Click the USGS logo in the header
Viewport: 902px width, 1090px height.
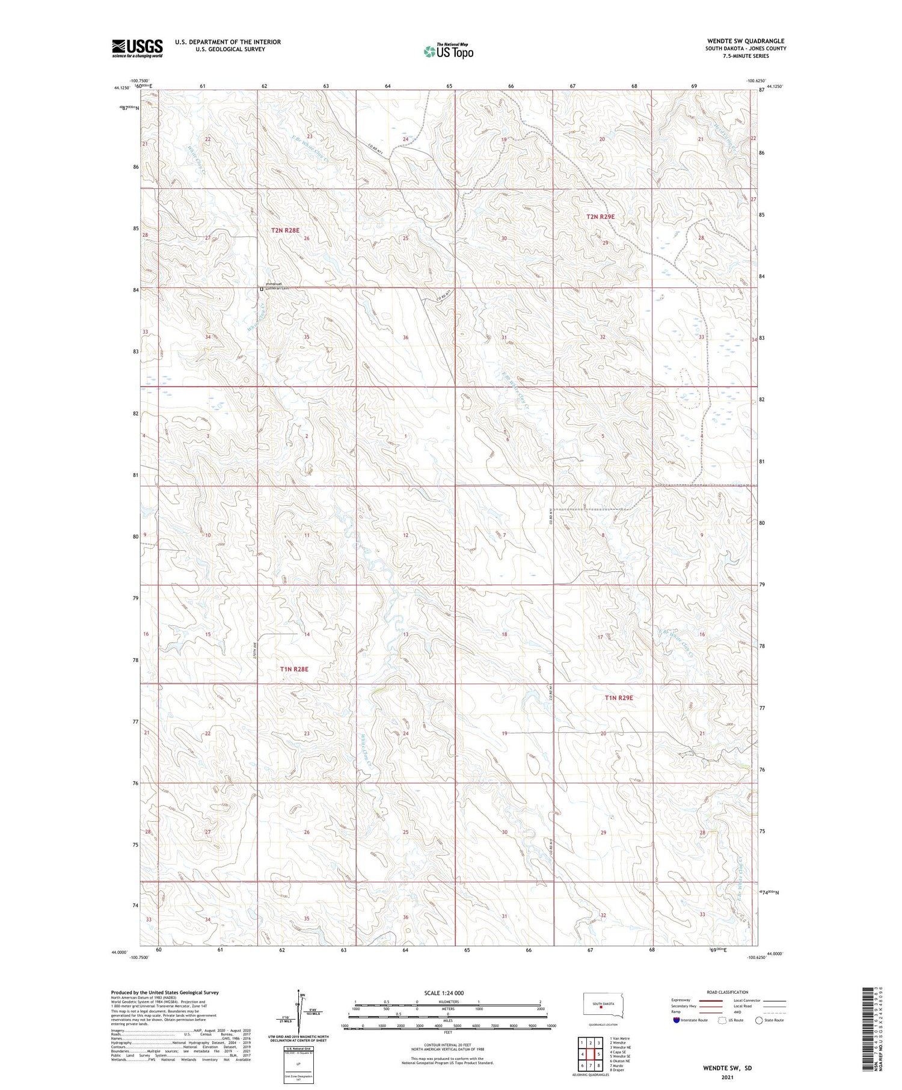[137, 48]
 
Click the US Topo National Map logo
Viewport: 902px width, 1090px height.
[448, 51]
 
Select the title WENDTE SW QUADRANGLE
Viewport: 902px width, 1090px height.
[746, 41]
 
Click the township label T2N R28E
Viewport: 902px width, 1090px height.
[285, 230]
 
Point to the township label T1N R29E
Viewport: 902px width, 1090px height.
[619, 698]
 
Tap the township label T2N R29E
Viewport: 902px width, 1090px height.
[601, 216]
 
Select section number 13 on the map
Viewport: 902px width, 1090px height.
[406, 634]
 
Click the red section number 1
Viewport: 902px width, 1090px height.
[406, 436]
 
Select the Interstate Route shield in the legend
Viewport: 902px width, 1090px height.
[677, 1020]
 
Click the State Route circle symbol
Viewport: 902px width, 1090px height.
[759, 1020]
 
